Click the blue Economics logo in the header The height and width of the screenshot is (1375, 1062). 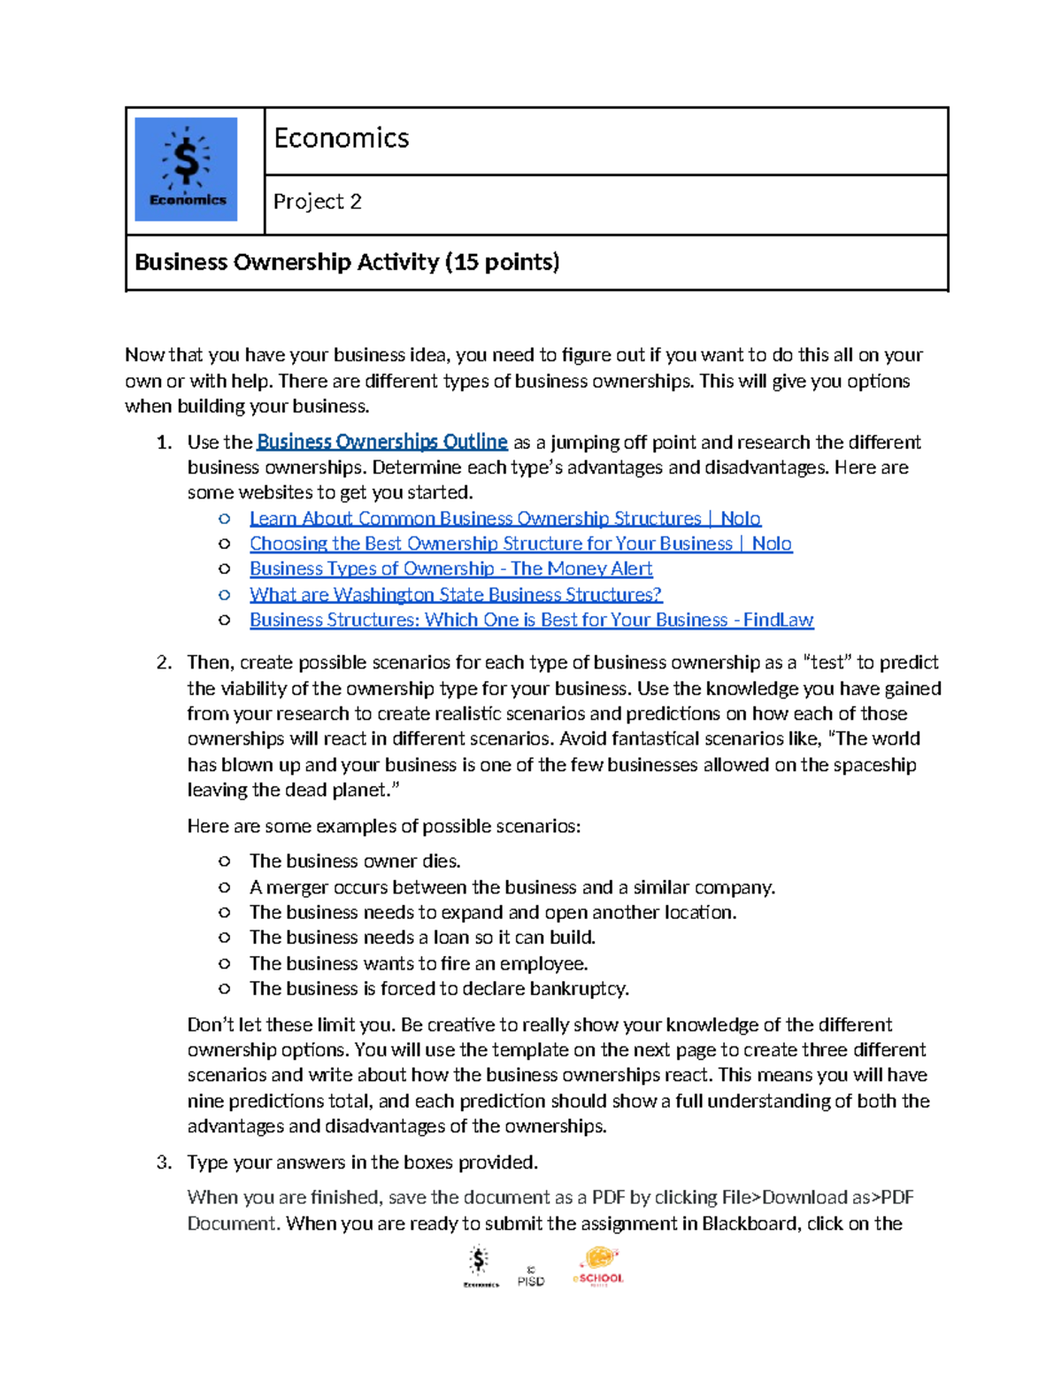click(x=186, y=169)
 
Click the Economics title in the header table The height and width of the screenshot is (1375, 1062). click(x=342, y=138)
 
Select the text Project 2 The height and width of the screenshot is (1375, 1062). click(x=317, y=202)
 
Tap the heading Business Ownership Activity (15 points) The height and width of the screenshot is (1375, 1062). click(x=347, y=262)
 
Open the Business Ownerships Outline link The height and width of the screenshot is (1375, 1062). click(x=381, y=442)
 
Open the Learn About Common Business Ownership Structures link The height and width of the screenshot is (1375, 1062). click(x=504, y=519)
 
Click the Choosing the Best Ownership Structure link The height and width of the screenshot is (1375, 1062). click(x=520, y=544)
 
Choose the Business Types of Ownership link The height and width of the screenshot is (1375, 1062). click(x=450, y=568)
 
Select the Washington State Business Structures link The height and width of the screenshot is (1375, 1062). click(x=456, y=594)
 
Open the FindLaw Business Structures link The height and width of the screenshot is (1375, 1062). click(x=531, y=620)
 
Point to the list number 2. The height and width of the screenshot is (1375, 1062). click(x=163, y=663)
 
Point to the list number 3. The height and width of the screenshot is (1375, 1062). click(x=163, y=1163)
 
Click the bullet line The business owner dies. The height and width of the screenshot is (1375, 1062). click(x=355, y=861)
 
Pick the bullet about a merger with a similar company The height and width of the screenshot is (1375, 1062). click(x=512, y=887)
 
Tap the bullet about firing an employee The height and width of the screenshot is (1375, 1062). click(x=419, y=963)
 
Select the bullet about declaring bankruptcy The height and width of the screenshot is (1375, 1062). click(x=439, y=989)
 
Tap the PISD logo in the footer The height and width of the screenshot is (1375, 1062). click(x=531, y=1278)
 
